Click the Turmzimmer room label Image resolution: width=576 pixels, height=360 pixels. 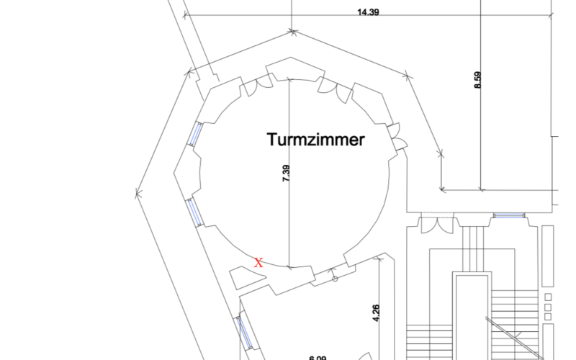[x=315, y=140]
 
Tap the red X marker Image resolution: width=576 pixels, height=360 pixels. [x=258, y=263]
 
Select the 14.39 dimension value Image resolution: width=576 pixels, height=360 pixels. [x=368, y=12]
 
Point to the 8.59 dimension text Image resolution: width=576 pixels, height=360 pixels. [x=477, y=78]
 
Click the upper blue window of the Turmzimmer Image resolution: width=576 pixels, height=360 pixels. [x=195, y=134]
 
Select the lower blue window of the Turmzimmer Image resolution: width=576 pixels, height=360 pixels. [x=194, y=211]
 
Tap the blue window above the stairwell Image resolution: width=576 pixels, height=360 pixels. [x=508, y=215]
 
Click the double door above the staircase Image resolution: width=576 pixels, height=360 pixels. [x=437, y=225]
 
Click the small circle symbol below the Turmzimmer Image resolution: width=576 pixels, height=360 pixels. [x=334, y=279]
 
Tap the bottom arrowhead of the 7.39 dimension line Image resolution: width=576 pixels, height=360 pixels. [x=289, y=267]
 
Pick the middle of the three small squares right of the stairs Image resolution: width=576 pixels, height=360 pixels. [x=549, y=307]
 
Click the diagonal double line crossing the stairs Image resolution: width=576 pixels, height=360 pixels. [x=504, y=331]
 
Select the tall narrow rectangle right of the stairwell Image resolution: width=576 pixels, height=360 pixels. [x=548, y=256]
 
